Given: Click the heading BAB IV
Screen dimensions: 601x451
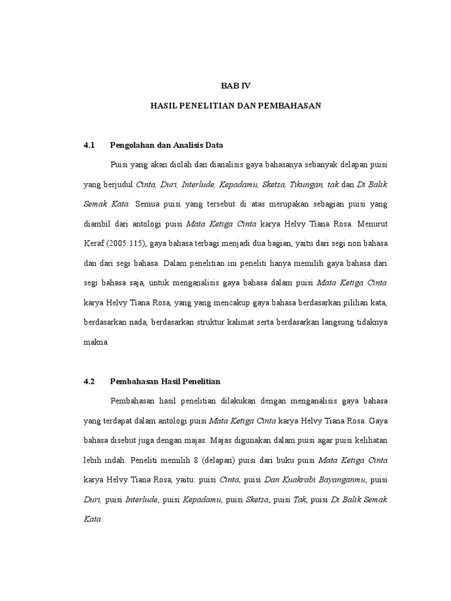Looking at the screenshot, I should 235,86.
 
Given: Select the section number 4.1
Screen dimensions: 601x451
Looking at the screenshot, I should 89,144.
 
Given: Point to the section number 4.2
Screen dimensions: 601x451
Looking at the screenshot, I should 89,381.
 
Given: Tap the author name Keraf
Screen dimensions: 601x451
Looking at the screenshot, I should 96,244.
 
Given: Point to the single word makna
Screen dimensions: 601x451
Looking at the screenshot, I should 96,342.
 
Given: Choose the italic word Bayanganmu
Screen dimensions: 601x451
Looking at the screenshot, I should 341,481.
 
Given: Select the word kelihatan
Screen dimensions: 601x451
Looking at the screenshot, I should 369,441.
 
